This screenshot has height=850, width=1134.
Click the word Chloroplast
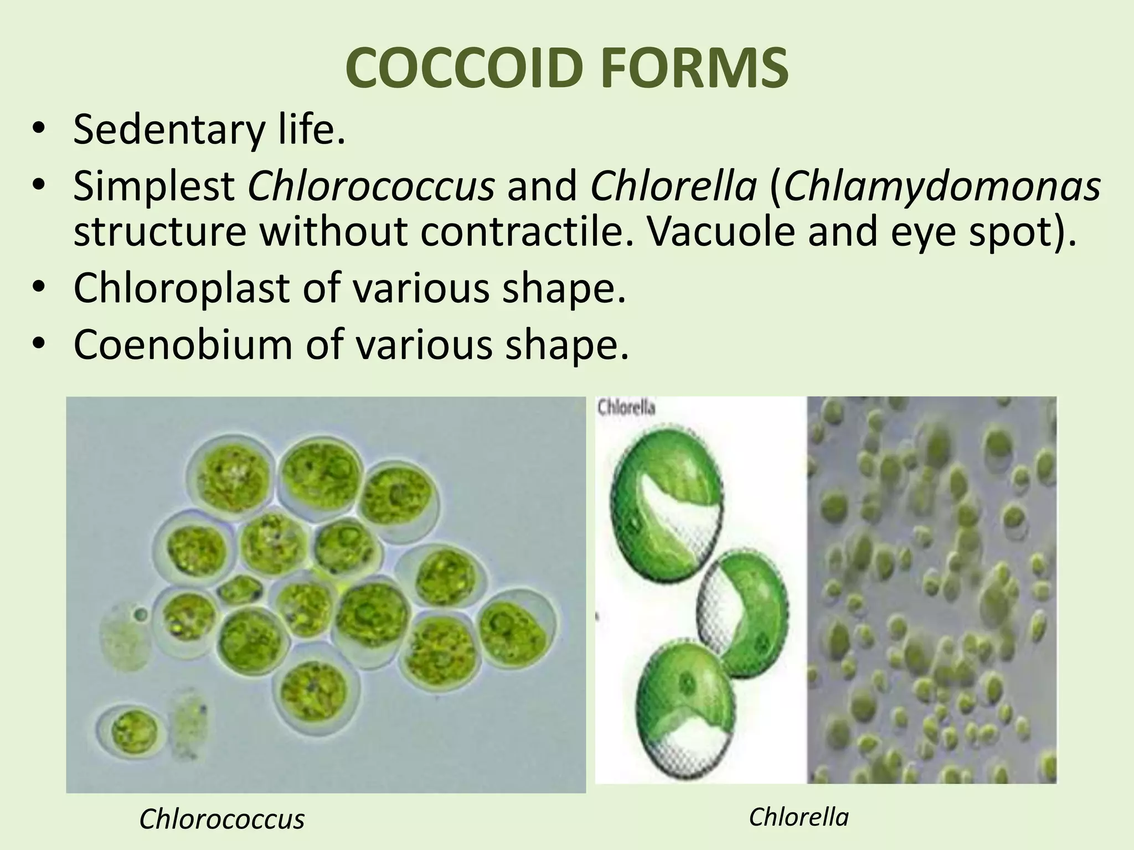pyautogui.click(x=181, y=288)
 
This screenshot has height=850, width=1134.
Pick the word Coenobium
pyautogui.click(x=183, y=345)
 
